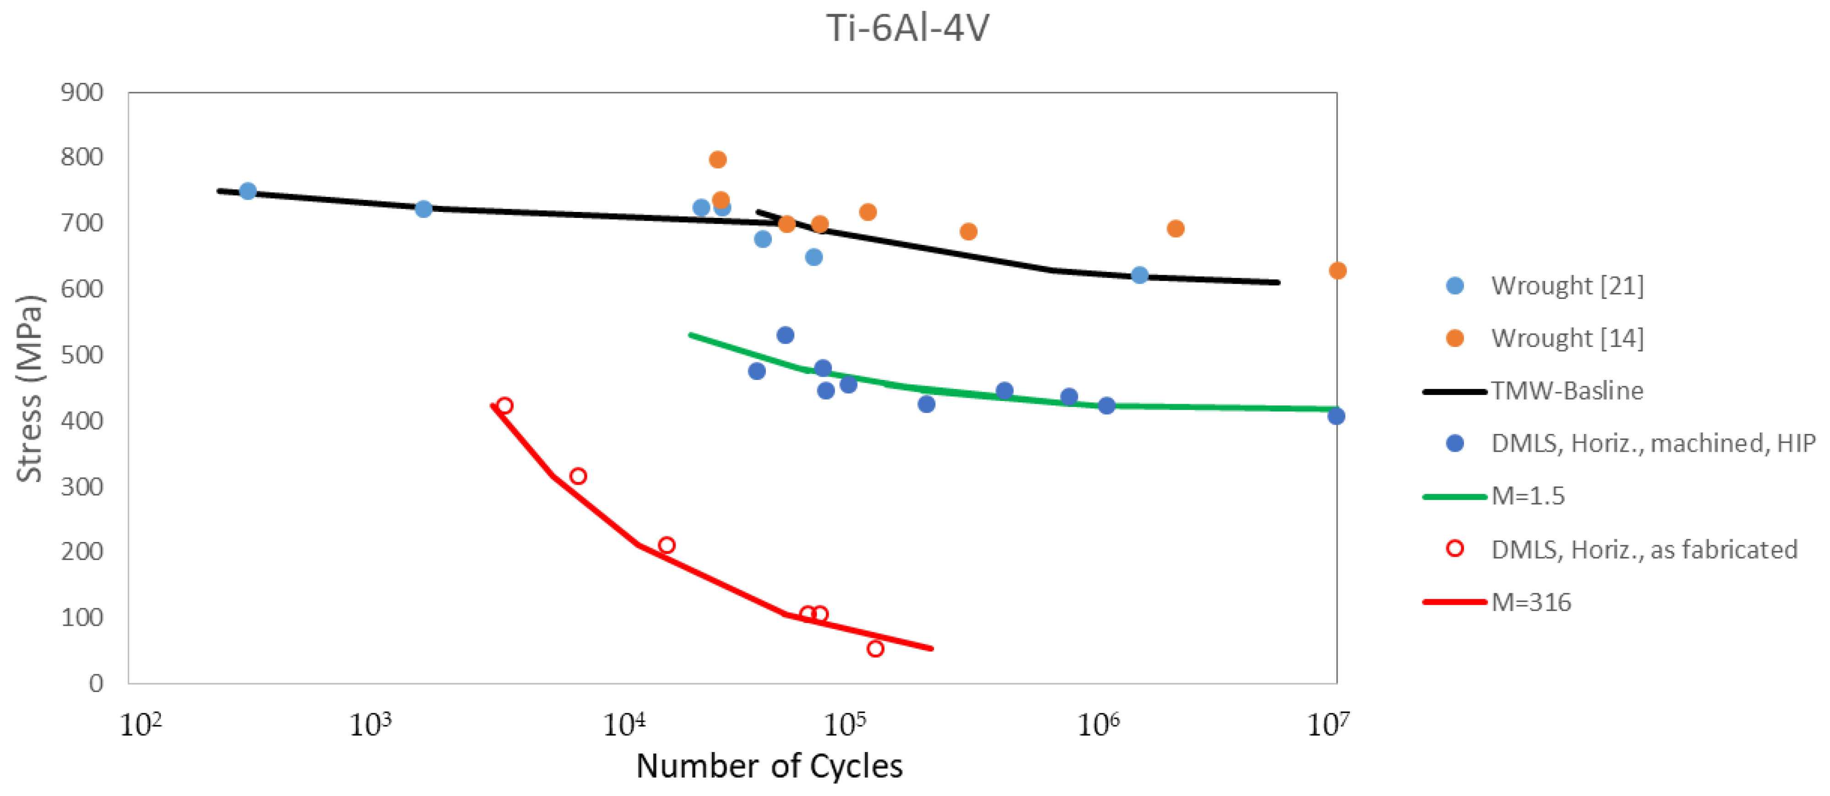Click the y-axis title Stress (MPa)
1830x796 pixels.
point(29,389)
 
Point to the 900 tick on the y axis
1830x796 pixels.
point(82,92)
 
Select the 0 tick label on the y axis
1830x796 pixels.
point(96,683)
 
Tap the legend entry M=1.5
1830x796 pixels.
point(1527,496)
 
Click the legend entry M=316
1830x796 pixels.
point(1531,602)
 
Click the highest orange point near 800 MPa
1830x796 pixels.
point(717,159)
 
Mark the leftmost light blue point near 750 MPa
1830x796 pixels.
point(247,191)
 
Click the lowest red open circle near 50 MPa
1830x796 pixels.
point(875,648)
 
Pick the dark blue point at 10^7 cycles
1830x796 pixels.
point(1336,416)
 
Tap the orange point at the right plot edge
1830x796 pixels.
point(1337,271)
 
